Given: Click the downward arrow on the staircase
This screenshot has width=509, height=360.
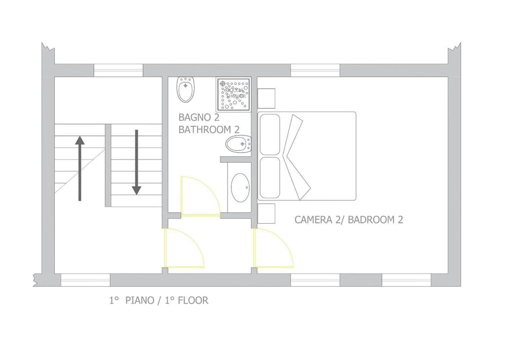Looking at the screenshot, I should pyautogui.click(x=136, y=162).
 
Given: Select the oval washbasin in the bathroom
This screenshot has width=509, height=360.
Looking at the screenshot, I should pyautogui.click(x=240, y=188).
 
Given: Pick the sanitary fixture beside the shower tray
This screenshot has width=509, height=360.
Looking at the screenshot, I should pyautogui.click(x=186, y=90).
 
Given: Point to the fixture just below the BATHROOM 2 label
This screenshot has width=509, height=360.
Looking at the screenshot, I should pyautogui.click(x=238, y=145).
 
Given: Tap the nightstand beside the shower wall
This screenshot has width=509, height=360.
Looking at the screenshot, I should pyautogui.click(x=267, y=99).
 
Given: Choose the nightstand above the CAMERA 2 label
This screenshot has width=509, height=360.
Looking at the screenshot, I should pyautogui.click(x=267, y=213).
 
